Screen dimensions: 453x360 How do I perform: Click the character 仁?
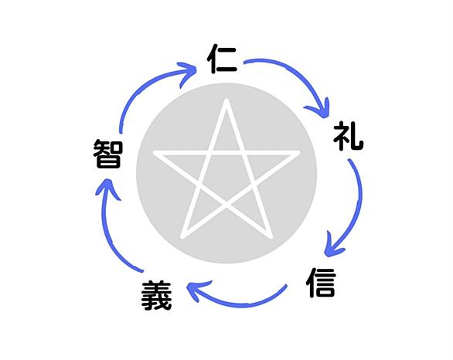[223, 59]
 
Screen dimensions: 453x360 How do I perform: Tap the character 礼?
[348, 136]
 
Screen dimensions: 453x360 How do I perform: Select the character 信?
[321, 283]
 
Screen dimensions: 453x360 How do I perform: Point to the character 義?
[157, 295]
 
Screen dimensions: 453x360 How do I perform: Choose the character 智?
[108, 153]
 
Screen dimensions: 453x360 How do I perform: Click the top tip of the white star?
[226, 100]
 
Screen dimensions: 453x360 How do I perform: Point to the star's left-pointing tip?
[155, 152]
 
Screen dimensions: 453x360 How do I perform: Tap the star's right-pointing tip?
[298, 152]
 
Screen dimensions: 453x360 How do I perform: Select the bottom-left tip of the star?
[182, 237]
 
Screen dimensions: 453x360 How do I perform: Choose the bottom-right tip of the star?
[271, 237]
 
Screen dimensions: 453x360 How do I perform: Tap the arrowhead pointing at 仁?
[189, 72]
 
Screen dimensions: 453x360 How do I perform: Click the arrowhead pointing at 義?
[196, 289]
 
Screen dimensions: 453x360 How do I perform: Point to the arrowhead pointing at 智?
[107, 188]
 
